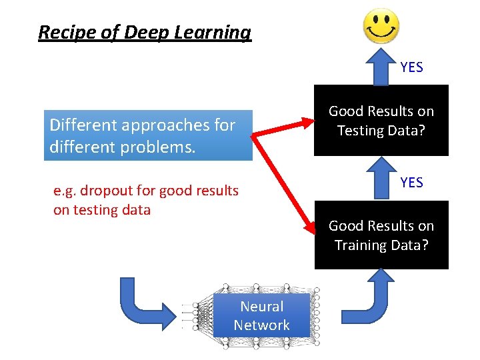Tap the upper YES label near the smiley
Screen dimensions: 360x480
pos(411,67)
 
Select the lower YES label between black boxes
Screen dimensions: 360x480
pos(411,182)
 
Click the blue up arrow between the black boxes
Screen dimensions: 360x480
pos(381,178)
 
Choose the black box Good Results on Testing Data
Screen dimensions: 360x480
pos(381,121)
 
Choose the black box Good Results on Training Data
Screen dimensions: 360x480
pos(381,235)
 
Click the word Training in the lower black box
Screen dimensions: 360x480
pos(360,245)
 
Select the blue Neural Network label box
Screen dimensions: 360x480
pos(261,316)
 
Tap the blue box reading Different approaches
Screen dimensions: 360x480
pos(148,135)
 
